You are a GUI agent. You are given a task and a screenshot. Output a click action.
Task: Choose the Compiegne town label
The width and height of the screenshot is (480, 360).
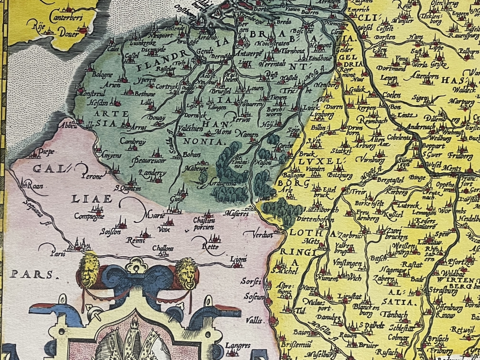(x=89, y=216)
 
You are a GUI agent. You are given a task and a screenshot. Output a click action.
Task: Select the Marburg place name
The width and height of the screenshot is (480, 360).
(x=462, y=101)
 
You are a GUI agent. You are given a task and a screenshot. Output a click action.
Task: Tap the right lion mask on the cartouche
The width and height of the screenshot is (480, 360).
(x=186, y=272)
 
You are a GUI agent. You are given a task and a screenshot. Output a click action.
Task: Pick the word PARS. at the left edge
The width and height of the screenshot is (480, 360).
(x=32, y=274)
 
